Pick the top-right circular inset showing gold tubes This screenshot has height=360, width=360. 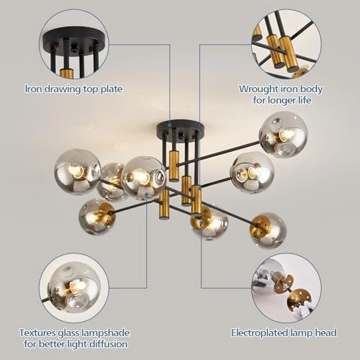(286, 44)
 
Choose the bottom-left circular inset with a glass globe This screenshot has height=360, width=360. (73, 287)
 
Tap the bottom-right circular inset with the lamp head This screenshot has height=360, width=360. (286, 287)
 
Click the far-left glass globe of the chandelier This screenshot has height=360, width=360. (77, 171)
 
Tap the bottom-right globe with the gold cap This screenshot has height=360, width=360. (268, 230)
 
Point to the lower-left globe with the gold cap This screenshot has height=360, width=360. (96, 216)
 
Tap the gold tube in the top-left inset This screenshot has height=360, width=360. (66, 73)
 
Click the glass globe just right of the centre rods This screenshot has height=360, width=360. (251, 172)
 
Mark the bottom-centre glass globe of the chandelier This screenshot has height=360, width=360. (209, 223)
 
